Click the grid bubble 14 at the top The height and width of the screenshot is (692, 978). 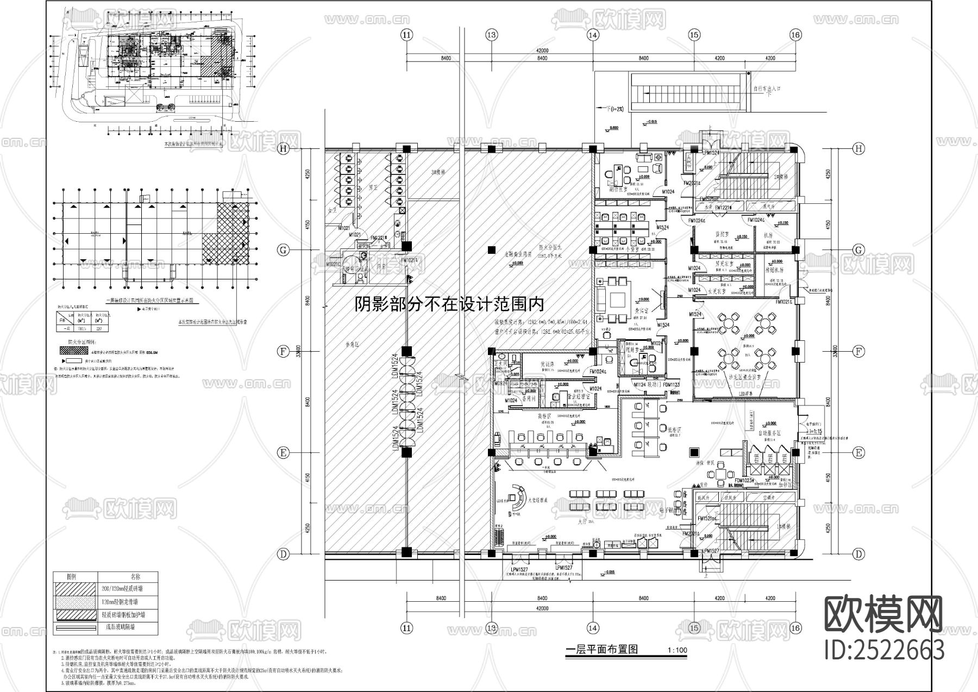tap(593, 35)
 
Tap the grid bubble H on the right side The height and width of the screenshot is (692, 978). tap(858, 148)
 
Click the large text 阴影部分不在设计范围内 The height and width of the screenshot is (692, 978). tap(449, 304)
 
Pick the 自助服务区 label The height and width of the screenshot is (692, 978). tap(769, 433)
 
